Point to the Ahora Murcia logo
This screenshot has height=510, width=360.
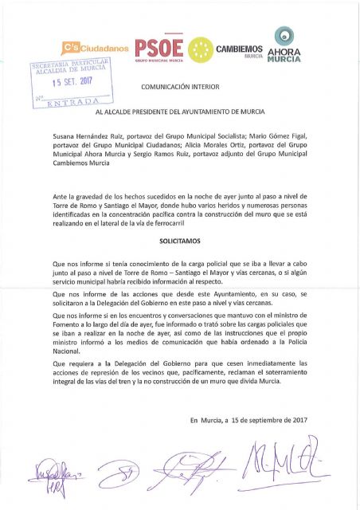tap(283, 46)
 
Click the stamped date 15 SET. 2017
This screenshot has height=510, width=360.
tap(73, 81)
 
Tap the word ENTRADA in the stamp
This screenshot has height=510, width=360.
tap(73, 103)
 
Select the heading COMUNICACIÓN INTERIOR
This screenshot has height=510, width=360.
tap(180, 84)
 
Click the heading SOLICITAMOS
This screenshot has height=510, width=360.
tap(180, 239)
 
